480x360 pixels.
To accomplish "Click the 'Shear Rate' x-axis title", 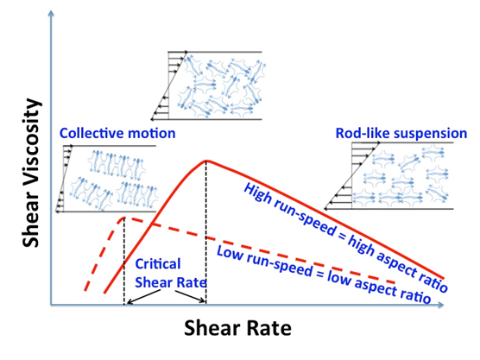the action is pyautogui.click(x=237, y=328).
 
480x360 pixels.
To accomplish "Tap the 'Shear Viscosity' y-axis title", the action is pyautogui.click(x=31, y=173).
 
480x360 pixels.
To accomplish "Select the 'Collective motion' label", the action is pyautogui.click(x=117, y=133).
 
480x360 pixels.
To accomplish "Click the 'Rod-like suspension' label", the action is pyautogui.click(x=401, y=133).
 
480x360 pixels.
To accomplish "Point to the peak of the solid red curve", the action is pyautogui.click(x=206, y=161).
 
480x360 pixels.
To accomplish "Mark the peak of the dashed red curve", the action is pyautogui.click(x=124, y=218).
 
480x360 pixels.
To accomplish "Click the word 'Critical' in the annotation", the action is pyautogui.click(x=158, y=264).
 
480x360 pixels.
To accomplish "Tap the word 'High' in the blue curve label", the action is pyautogui.click(x=257, y=193).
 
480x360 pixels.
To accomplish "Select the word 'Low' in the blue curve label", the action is pyautogui.click(x=229, y=253).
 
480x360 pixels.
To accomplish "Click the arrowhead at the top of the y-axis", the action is pyautogui.click(x=51, y=13).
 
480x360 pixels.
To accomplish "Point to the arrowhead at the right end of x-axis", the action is pyautogui.click(x=441, y=305).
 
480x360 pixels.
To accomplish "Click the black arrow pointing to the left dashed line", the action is pyautogui.click(x=143, y=297).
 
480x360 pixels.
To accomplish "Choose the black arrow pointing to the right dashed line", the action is pyautogui.click(x=190, y=296).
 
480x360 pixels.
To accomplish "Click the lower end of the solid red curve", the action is pyautogui.click(x=104, y=293).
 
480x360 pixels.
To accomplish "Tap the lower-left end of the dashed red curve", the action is pyautogui.click(x=85, y=290).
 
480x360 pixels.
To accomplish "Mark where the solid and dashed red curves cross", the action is pyautogui.click(x=150, y=224).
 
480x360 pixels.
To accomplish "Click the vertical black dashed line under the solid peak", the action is pyautogui.click(x=206, y=232).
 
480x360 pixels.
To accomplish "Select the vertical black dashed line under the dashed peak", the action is pyautogui.click(x=124, y=261).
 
